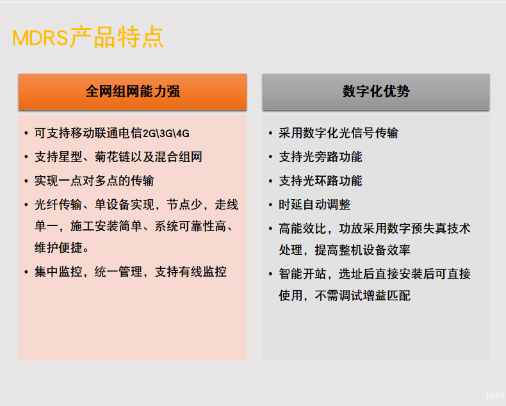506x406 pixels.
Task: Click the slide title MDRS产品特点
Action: [88, 37]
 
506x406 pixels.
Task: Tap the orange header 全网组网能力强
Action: [133, 92]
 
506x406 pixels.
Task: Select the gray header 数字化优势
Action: [376, 92]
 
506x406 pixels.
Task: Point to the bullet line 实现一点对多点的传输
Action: [94, 181]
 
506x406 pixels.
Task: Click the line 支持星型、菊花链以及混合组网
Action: [118, 157]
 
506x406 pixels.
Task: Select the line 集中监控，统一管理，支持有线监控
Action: [131, 272]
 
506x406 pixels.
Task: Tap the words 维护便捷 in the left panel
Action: [58, 248]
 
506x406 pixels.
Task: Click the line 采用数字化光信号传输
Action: [339, 133]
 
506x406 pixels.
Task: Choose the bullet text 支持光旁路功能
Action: [320, 157]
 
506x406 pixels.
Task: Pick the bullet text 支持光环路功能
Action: [320, 181]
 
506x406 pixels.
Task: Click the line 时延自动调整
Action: [314, 205]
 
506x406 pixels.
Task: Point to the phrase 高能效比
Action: [302, 229]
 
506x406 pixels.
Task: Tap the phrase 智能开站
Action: [302, 274]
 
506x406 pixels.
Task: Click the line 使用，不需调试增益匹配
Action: [345, 296]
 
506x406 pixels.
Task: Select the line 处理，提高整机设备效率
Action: [345, 250]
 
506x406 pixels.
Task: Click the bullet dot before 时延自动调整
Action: [270, 205]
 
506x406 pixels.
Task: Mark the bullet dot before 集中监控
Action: [26, 272]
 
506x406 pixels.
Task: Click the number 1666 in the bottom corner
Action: [495, 395]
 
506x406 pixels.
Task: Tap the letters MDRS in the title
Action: [40, 38]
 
